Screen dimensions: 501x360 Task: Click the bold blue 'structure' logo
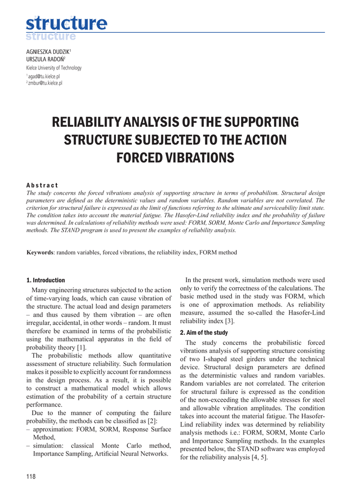coord(66,23)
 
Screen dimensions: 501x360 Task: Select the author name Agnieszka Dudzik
coord(48,51)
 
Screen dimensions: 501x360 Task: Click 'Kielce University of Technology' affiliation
coord(54,68)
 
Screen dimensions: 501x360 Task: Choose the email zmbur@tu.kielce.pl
coord(45,83)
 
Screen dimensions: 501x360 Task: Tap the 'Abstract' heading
coord(42,185)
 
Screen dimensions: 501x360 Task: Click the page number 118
coord(31,477)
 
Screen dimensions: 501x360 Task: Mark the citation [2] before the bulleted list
coord(152,421)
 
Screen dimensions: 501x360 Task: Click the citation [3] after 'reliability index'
coord(229,321)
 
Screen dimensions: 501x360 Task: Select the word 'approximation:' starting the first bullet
coord(52,430)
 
